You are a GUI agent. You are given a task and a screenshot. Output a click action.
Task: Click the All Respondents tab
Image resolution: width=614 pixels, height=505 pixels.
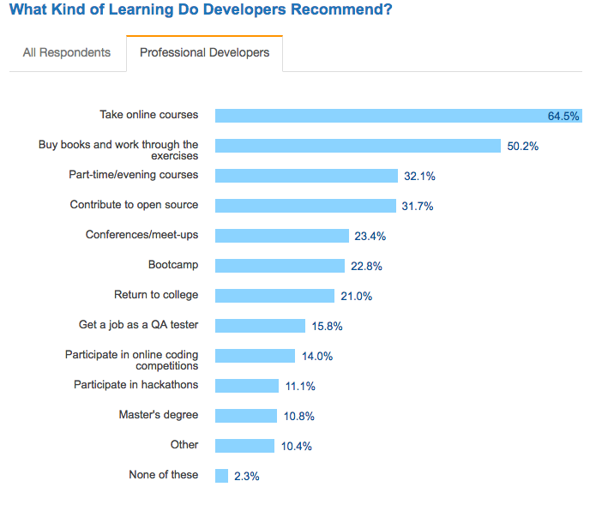coord(67,52)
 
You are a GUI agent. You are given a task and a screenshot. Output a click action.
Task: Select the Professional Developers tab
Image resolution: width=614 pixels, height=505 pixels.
coord(204,52)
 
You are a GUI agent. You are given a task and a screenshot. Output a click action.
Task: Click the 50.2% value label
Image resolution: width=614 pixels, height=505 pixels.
coord(522,146)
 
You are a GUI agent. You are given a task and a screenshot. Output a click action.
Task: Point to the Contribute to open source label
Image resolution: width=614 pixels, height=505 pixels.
coord(134,205)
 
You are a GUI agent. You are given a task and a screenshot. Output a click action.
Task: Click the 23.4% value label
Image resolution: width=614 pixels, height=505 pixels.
coord(371,236)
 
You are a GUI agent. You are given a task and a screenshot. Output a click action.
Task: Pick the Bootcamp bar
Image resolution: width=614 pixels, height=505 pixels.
coord(280,266)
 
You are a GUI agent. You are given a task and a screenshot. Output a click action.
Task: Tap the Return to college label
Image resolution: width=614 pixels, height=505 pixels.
coord(156,295)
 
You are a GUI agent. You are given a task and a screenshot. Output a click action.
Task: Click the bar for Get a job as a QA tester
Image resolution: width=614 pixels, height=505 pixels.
coord(260,326)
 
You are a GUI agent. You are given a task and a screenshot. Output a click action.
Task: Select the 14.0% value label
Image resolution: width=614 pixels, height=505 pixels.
coord(316,356)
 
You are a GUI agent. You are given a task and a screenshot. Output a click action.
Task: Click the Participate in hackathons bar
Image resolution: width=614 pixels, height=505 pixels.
coord(247,386)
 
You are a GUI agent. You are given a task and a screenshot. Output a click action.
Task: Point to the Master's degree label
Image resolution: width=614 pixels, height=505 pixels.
coord(159,415)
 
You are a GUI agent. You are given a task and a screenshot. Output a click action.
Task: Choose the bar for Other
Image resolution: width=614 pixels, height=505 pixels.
coord(244,446)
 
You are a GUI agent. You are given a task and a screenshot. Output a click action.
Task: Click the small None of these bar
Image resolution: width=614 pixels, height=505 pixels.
coord(221,476)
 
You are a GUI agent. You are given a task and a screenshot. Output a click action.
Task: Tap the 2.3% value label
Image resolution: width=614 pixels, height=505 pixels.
coord(246,476)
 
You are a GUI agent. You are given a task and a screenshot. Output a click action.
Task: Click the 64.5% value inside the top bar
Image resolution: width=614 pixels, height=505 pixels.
coord(563,116)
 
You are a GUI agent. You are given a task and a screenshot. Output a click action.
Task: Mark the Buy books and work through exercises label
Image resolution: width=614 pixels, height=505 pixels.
coord(118,150)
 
